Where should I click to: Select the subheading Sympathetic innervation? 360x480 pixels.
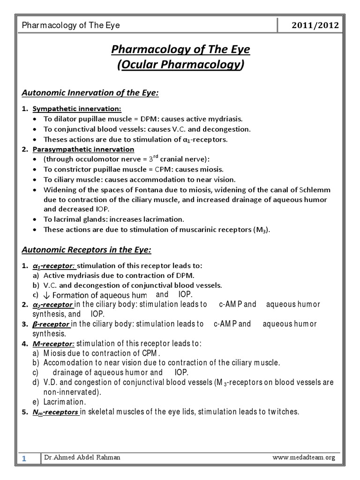pos(77,109)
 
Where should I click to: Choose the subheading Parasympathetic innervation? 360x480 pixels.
pos(83,150)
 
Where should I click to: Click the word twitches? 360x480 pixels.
pos(283,412)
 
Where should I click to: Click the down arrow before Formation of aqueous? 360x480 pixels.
pos(46,295)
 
